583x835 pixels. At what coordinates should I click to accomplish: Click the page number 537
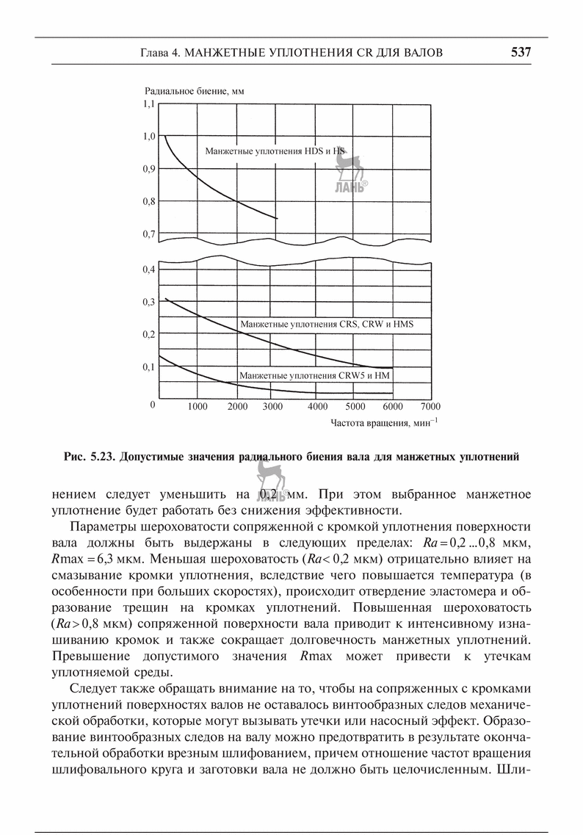pos(520,53)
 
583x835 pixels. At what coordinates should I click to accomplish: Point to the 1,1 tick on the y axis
pos(149,104)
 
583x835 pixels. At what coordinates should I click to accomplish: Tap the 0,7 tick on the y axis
pos(149,234)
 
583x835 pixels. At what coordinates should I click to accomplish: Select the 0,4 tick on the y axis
pos(149,270)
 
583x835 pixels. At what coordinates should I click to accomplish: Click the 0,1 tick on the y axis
pos(149,366)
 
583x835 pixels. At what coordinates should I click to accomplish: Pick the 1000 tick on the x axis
pos(197,406)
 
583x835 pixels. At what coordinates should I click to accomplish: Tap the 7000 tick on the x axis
pos(430,406)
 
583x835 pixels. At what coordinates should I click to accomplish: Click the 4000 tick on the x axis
pos(318,406)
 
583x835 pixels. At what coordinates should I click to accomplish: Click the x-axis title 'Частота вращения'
pos(384,423)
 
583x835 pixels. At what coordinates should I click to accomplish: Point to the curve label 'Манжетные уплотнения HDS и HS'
pos(275,151)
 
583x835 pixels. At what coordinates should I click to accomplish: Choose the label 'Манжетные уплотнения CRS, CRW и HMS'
pos(327,323)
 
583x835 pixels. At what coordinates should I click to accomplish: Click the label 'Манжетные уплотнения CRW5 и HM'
pos(314,376)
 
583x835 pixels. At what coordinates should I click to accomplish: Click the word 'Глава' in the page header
pos(154,53)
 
